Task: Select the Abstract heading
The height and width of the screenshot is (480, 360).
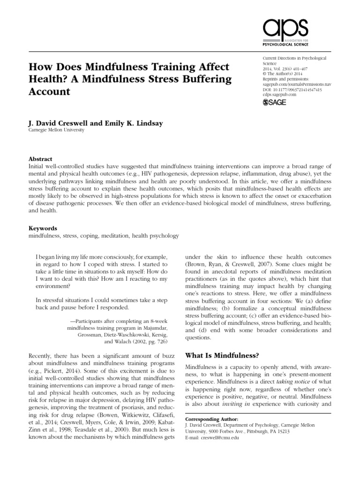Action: point(40,159)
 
